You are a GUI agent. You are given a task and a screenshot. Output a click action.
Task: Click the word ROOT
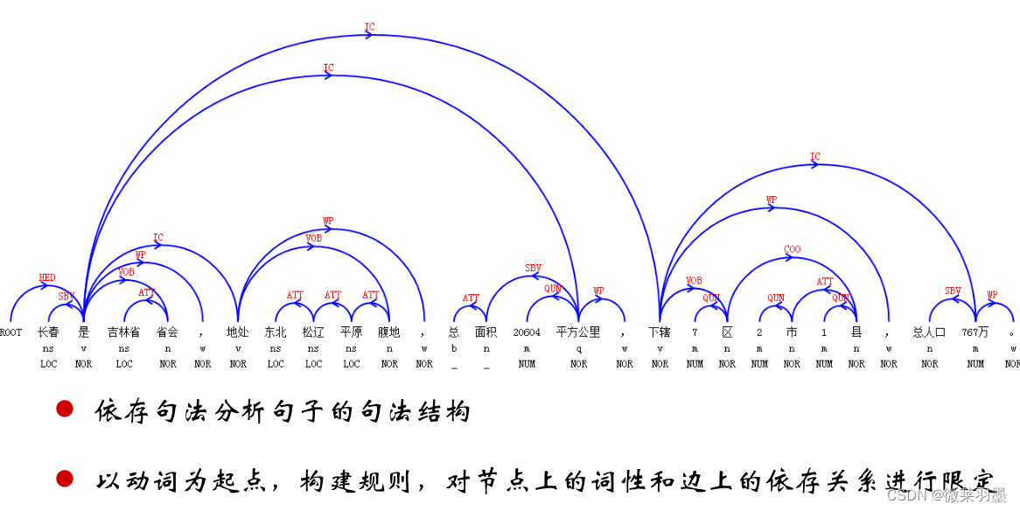click(11, 332)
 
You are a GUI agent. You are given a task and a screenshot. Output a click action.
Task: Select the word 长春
click(48, 332)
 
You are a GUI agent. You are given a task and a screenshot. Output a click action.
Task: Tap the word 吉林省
click(123, 332)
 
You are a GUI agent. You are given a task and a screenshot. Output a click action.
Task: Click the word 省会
click(167, 332)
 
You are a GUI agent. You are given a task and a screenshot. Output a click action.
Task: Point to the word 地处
click(237, 332)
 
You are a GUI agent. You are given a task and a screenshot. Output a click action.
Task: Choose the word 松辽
click(313, 332)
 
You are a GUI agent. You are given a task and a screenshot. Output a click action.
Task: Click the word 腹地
click(388, 332)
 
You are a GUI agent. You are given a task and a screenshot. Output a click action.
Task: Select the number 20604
click(527, 332)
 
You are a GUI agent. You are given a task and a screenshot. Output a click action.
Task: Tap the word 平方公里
click(578, 332)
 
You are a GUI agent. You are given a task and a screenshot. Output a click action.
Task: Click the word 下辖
click(660, 332)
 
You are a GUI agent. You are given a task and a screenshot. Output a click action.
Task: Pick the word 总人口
click(929, 332)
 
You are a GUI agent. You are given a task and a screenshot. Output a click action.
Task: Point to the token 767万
click(975, 332)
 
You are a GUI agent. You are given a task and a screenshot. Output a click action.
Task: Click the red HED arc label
click(47, 278)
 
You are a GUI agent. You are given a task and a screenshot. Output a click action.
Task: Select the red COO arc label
click(792, 249)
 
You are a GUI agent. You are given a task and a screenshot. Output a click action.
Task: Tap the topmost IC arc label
click(369, 27)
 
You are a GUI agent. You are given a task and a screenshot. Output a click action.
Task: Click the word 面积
click(486, 332)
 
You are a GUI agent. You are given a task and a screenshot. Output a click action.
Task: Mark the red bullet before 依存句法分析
click(65, 409)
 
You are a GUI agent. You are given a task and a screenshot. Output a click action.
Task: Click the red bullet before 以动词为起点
click(65, 478)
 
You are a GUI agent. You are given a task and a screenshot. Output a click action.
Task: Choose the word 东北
click(276, 332)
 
